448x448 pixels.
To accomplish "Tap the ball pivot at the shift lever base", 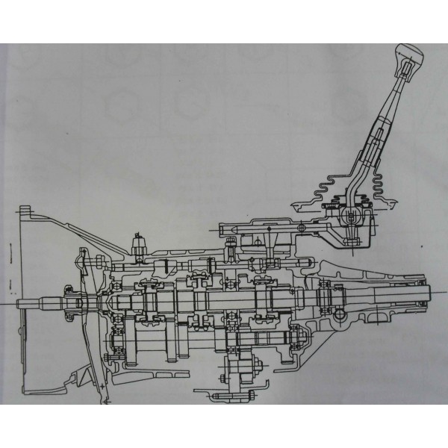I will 348,217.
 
